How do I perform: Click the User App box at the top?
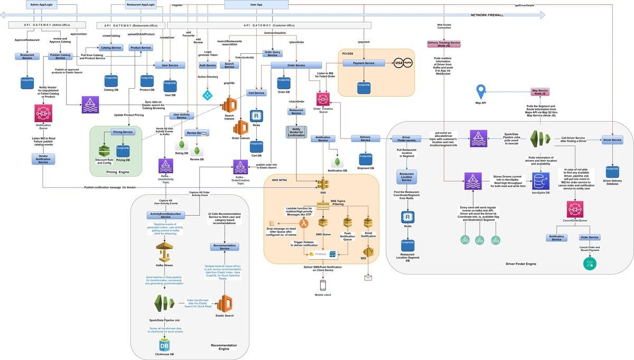tap(256, 4)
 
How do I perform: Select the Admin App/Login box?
tap(41, 4)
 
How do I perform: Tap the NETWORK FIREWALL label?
tap(487, 15)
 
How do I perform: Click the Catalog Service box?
tap(111, 48)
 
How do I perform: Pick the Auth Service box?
tap(208, 65)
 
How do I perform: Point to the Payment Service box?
tap(364, 63)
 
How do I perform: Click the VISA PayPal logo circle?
tap(403, 63)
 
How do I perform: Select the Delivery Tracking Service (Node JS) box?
tap(444, 43)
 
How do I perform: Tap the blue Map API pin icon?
tap(481, 91)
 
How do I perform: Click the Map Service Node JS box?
tap(540, 92)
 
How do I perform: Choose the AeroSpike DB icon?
tap(541, 180)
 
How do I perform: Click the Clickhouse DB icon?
tap(164, 345)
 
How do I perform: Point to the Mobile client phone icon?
tap(323, 285)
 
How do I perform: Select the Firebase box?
tap(323, 254)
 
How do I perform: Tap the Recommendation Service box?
tap(225, 246)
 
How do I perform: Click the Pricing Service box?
tap(123, 132)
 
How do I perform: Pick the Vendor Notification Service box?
tap(43, 159)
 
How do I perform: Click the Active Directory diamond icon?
tap(207, 95)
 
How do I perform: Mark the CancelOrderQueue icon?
tap(574, 208)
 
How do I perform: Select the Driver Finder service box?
tap(406, 139)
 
